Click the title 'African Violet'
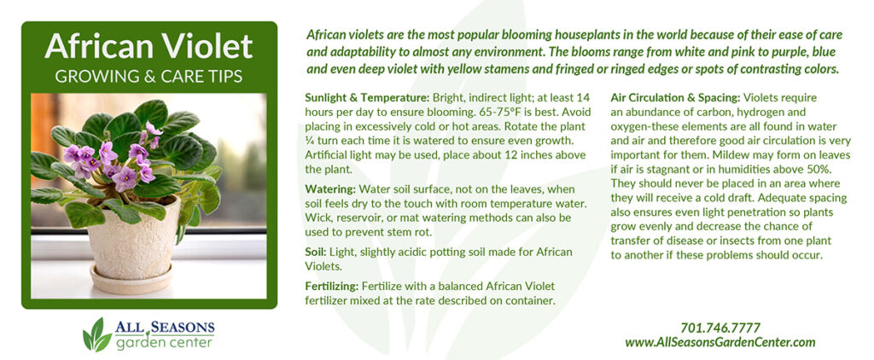149,47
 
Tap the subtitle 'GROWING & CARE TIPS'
149,76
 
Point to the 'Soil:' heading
317,252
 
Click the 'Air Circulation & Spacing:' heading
676,97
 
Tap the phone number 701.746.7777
720,328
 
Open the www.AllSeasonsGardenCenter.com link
720,342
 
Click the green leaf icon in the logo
97,334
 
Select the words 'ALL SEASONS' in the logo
165,327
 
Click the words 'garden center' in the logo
164,341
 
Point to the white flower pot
134,239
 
